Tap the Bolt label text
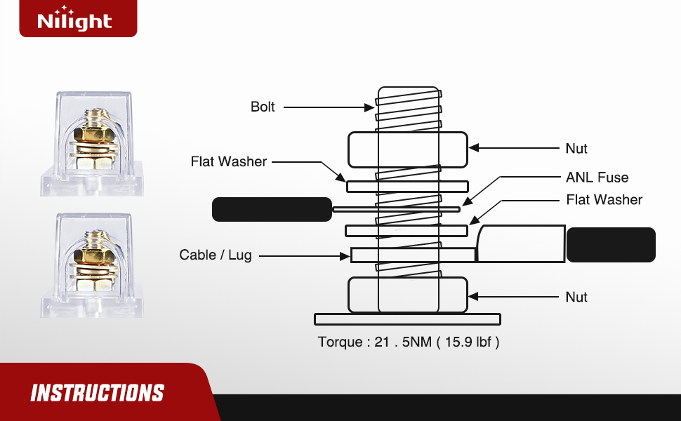click(263, 107)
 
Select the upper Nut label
click(576, 149)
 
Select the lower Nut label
click(576, 297)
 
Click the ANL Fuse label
click(597, 178)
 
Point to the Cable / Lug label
click(215, 255)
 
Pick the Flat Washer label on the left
click(229, 161)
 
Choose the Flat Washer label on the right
click(604, 200)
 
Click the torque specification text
click(409, 342)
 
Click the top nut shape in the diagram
click(408, 149)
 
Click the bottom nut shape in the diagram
click(408, 295)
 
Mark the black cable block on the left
click(271, 209)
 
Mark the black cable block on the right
click(611, 245)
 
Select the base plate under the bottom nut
click(407, 319)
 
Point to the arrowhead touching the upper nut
click(474, 149)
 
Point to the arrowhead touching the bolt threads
click(371, 107)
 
